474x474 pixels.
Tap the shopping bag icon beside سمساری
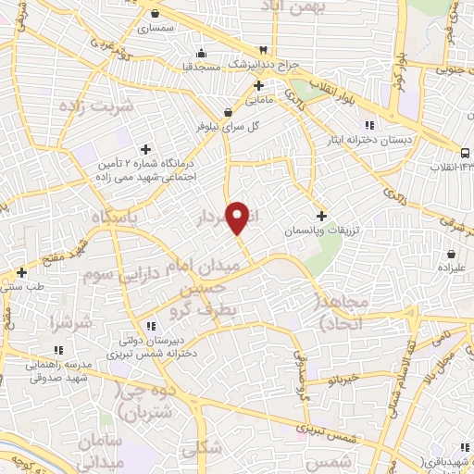pyautogui.click(x=165, y=14)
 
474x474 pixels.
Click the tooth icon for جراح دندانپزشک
pyautogui.click(x=263, y=49)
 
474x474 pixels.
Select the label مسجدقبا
pyautogui.click(x=199, y=66)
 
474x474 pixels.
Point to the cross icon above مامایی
pyautogui.click(x=257, y=85)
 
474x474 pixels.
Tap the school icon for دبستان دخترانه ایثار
pyautogui.click(x=368, y=126)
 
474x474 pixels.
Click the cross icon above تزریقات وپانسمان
pyautogui.click(x=320, y=215)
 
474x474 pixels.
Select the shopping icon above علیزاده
pyautogui.click(x=451, y=254)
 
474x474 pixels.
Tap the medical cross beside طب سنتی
pyautogui.click(x=21, y=273)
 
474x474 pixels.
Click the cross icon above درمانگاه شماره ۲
pyautogui.click(x=145, y=148)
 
